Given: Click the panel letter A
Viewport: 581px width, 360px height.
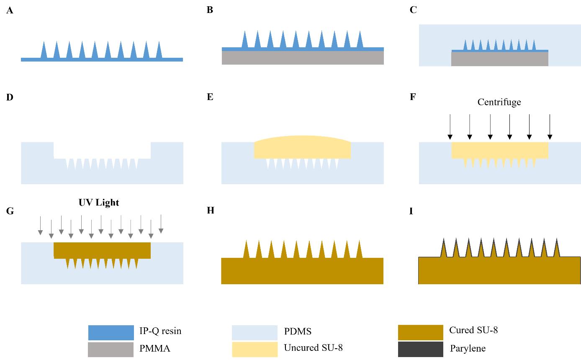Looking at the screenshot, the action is [10, 10].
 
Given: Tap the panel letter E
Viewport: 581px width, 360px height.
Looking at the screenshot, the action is [210, 97].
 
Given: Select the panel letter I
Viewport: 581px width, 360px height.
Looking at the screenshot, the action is [411, 211].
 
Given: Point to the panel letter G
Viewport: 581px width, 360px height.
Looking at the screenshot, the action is [10, 211].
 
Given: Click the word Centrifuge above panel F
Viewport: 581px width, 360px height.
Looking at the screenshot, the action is [499, 102].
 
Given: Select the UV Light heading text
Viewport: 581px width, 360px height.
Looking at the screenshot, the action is [99, 203].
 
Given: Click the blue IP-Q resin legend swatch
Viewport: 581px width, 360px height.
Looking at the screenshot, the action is [111, 332].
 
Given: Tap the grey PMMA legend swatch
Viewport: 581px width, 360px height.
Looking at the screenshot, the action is [111, 350].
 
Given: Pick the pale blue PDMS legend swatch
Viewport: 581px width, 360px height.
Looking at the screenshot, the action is [255, 332].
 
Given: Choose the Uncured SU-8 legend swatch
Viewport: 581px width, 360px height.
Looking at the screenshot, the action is [255, 350].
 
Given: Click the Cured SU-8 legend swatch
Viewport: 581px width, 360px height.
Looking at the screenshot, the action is [420, 332].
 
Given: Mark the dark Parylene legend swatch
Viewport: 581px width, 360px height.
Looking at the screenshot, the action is [420, 349].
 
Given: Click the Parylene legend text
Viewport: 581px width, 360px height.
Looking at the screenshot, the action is [468, 348].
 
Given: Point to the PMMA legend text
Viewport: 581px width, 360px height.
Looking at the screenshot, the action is [155, 348].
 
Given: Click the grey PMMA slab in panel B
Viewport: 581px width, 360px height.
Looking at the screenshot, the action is [303, 58].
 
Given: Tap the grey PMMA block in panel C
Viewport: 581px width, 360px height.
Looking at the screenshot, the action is [499, 59].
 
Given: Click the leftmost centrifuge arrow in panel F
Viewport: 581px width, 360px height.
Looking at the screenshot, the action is [450, 127].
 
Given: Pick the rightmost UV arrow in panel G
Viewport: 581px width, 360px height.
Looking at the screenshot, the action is [161, 224].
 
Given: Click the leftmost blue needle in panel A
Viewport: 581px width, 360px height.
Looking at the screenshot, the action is [44, 51].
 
